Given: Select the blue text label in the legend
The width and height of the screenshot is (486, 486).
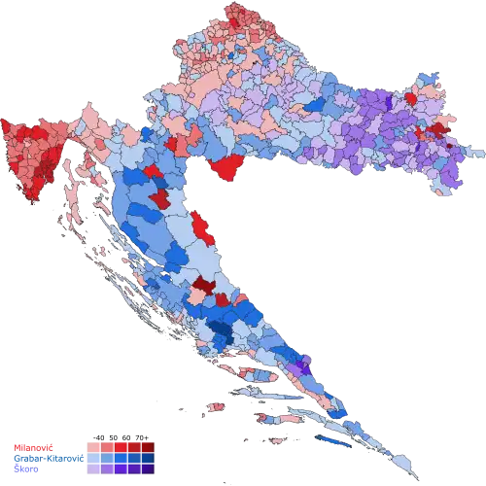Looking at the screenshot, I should tap(43, 457).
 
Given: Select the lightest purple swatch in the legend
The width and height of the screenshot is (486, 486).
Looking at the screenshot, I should tap(92, 468).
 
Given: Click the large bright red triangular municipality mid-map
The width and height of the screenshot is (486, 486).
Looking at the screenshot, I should tap(227, 166).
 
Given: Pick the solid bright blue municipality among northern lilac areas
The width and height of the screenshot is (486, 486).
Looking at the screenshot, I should tap(317, 104).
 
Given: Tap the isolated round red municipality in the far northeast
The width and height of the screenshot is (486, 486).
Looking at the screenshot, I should tap(410, 98).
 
